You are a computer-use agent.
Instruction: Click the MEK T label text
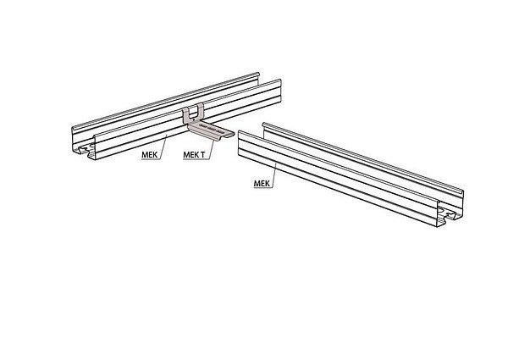[194, 155]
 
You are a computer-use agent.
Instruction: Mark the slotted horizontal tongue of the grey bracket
[213, 131]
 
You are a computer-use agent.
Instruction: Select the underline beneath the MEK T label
[195, 160]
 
